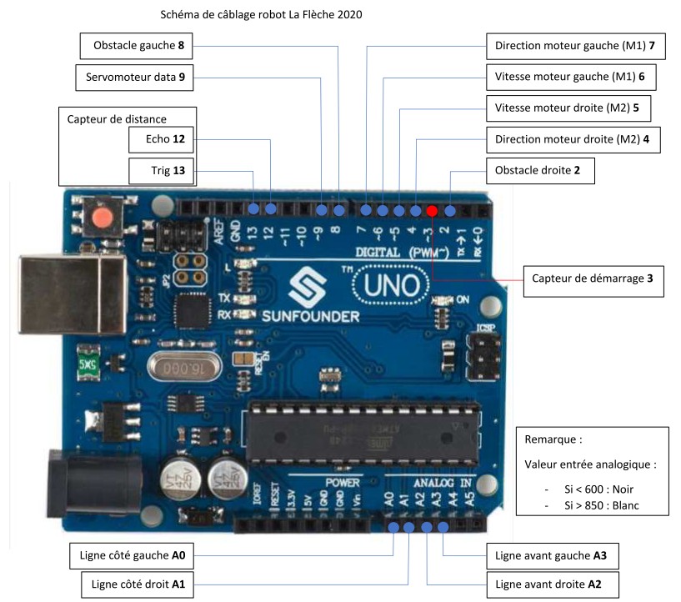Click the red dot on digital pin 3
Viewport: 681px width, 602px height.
[x=433, y=210]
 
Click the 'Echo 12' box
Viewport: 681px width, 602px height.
[x=164, y=138]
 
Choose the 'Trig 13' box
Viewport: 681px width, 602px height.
[x=164, y=172]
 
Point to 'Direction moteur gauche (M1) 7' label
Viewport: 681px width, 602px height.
[x=575, y=46]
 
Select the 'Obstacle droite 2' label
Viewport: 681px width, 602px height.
[x=538, y=172]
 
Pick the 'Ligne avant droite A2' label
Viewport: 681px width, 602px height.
[x=553, y=585]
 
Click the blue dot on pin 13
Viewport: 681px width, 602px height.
[x=253, y=208]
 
